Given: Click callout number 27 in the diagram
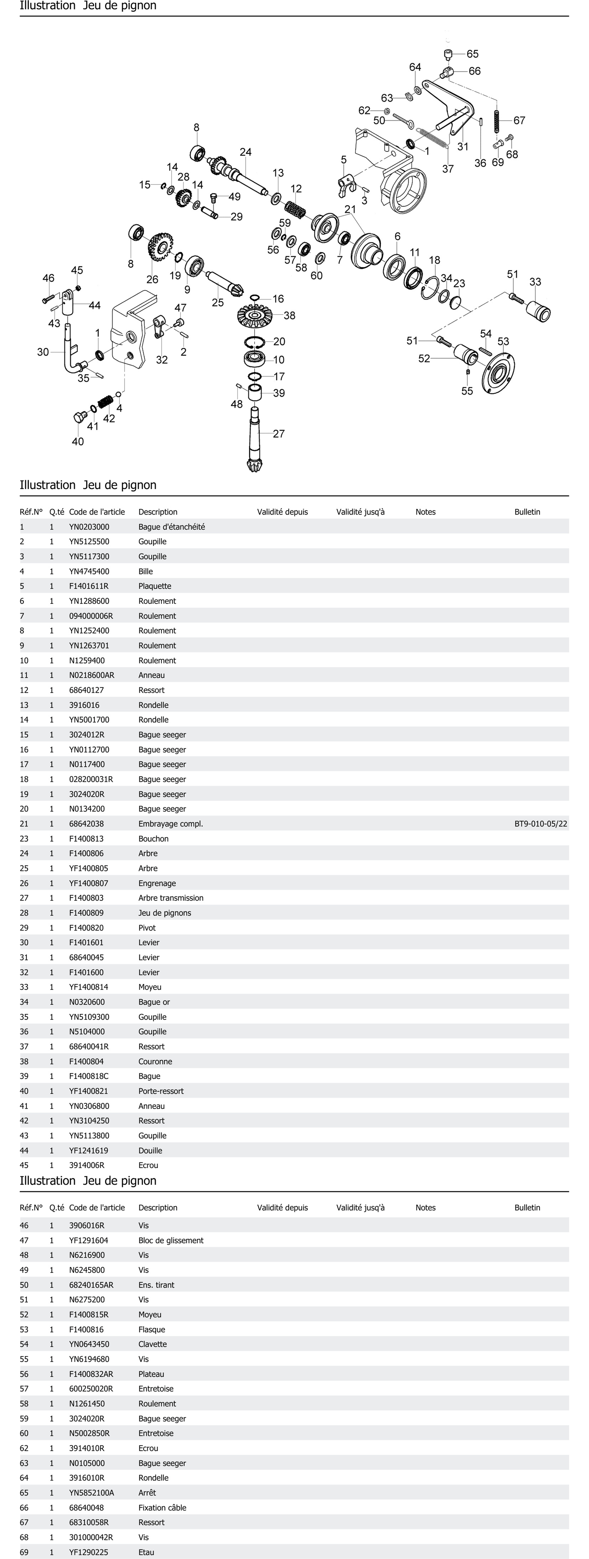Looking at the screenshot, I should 279,433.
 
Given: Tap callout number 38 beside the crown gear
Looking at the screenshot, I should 290,315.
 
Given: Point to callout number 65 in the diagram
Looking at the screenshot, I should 472,54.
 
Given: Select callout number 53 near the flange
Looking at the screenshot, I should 503,341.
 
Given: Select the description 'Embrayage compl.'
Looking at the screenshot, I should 170,824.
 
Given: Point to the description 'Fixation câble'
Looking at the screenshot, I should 162,1507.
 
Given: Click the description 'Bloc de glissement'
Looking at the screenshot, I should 170,1240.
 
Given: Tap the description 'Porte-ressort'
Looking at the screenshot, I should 161,1091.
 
